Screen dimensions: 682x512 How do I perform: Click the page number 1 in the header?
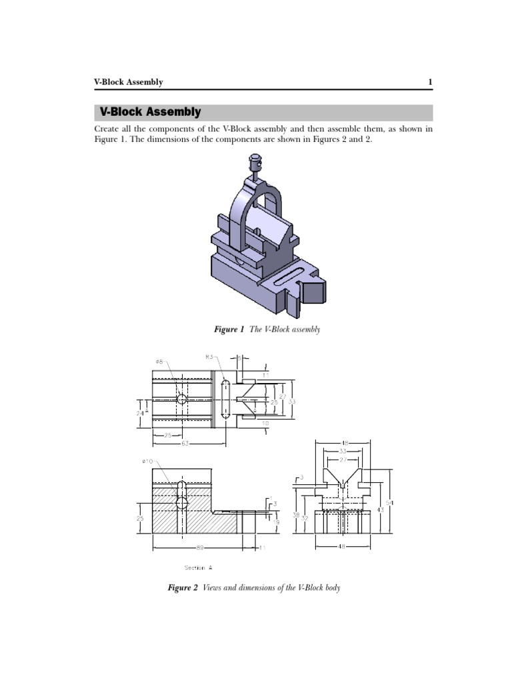click(430, 82)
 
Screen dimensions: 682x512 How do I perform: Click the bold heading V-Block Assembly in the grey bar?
click(150, 113)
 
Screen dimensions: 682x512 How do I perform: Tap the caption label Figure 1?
click(229, 330)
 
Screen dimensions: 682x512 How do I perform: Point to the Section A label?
click(199, 568)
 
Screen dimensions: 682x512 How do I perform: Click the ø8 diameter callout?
click(160, 362)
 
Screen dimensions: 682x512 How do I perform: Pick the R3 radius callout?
click(210, 357)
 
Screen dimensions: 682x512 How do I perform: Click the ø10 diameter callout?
click(148, 462)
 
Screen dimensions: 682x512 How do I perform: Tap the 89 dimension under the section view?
click(200, 548)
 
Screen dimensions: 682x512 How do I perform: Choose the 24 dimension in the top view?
click(140, 413)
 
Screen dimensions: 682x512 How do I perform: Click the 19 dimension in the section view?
click(275, 523)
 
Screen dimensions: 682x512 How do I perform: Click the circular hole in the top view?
click(181, 399)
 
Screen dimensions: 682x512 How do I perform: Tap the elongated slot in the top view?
click(225, 399)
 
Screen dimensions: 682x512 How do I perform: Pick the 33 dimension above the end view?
click(343, 451)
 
